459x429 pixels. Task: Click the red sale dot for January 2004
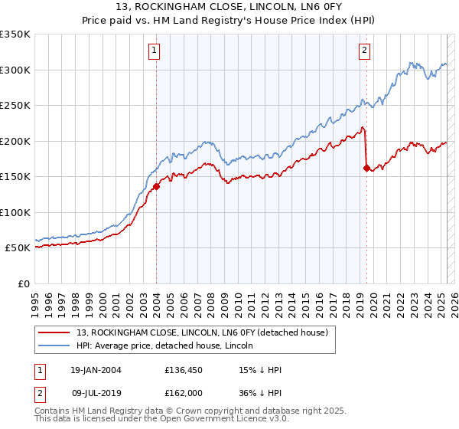(x=156, y=186)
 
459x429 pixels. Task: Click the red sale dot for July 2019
(x=366, y=168)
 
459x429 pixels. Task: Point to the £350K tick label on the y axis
(x=15, y=34)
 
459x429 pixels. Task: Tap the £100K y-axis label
(x=15, y=212)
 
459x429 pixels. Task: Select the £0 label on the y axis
(x=23, y=283)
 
